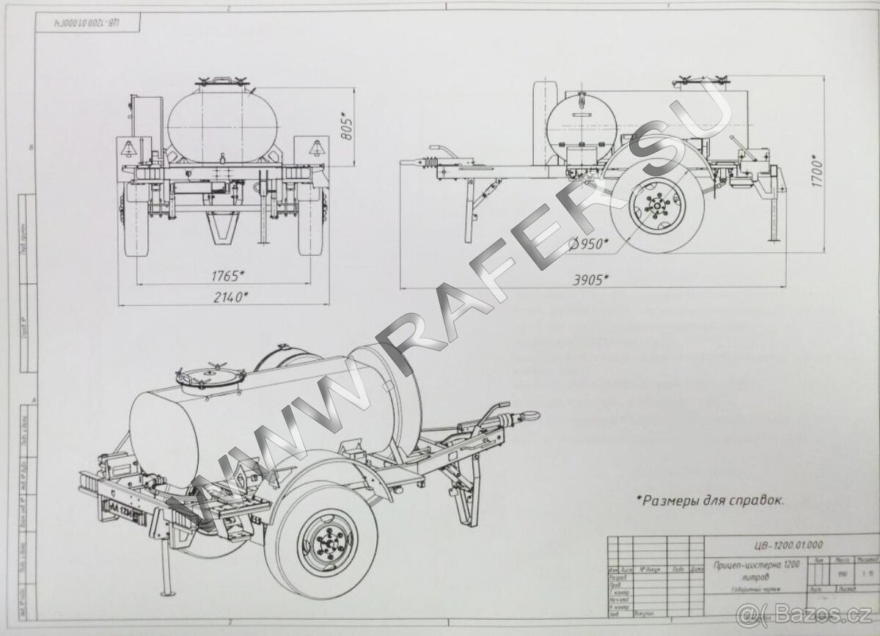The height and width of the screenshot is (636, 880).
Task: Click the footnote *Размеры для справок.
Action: pyautogui.click(x=709, y=502)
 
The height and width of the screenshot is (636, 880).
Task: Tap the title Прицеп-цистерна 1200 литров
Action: pyautogui.click(x=752, y=569)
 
